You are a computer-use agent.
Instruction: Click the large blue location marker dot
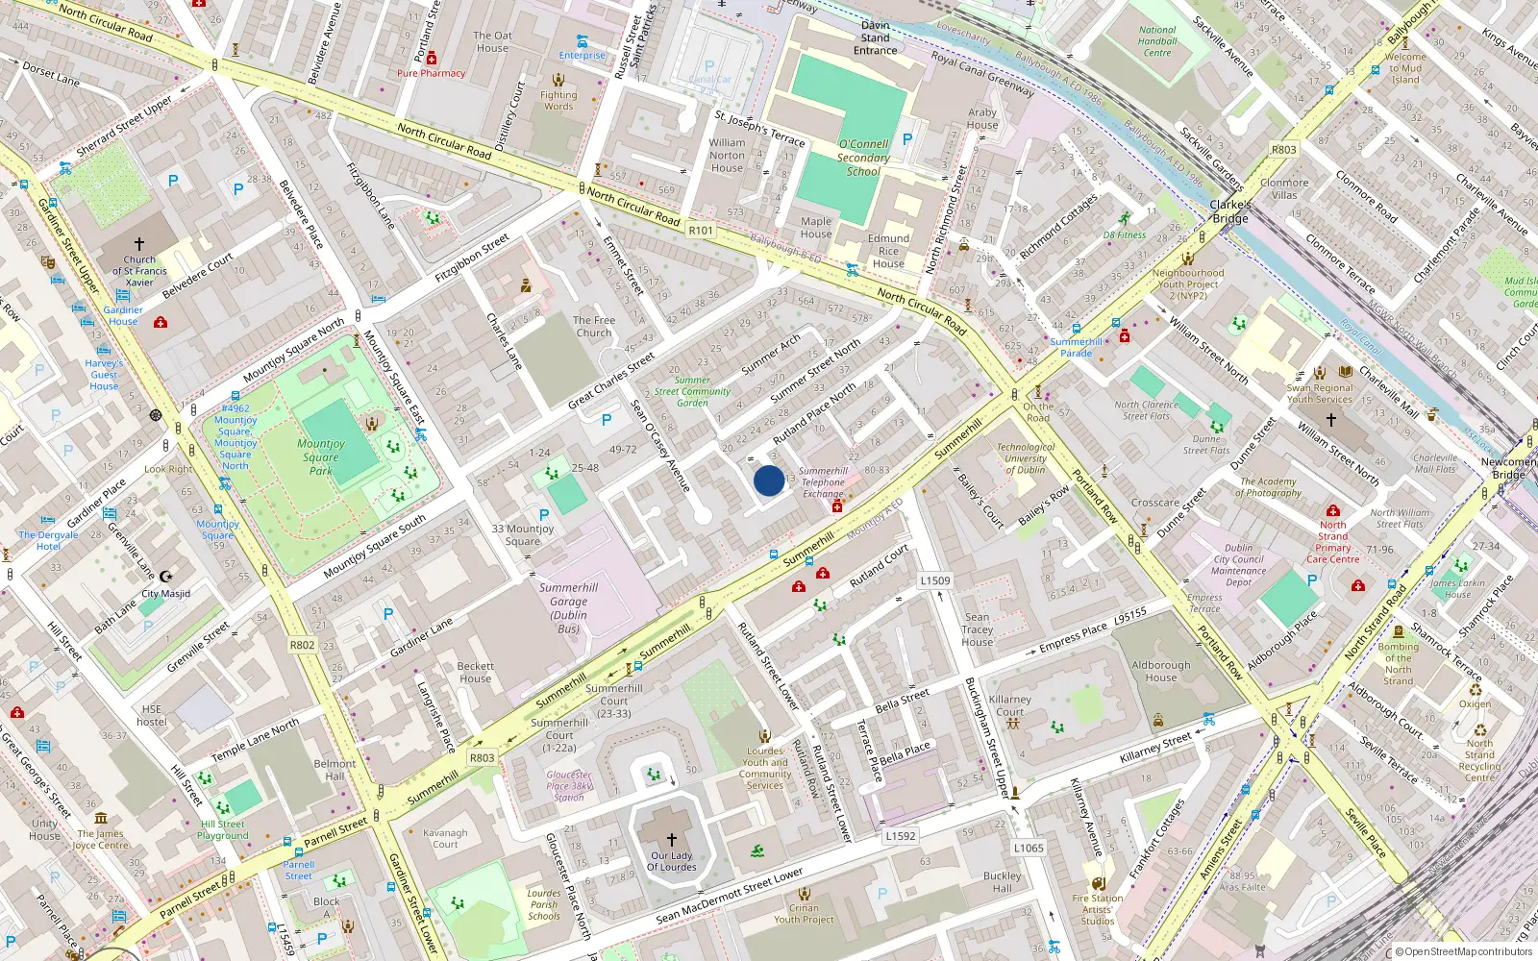click(x=769, y=480)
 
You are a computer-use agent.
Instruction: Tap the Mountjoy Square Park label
click(x=321, y=456)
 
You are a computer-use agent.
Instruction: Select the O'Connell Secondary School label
click(x=863, y=158)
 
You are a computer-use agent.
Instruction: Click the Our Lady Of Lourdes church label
click(x=671, y=861)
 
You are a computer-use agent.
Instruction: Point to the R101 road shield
click(x=701, y=231)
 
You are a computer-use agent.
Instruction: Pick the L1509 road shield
click(x=934, y=580)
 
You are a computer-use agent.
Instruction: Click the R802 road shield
click(x=302, y=645)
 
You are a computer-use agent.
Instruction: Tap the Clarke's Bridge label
click(x=1230, y=211)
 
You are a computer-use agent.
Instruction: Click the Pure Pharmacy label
click(x=431, y=73)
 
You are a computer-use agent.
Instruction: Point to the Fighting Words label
click(x=558, y=100)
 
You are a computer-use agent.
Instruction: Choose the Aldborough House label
click(x=1160, y=671)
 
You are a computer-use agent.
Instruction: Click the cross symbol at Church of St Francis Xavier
click(x=139, y=244)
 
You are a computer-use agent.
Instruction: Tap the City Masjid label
click(x=166, y=593)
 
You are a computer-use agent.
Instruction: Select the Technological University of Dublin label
click(x=1026, y=458)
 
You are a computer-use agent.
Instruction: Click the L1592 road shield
click(x=901, y=836)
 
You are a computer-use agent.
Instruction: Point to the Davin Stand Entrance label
click(x=875, y=37)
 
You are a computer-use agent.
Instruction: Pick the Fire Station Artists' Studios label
click(x=1097, y=909)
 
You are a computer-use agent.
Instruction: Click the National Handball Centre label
click(x=1157, y=41)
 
